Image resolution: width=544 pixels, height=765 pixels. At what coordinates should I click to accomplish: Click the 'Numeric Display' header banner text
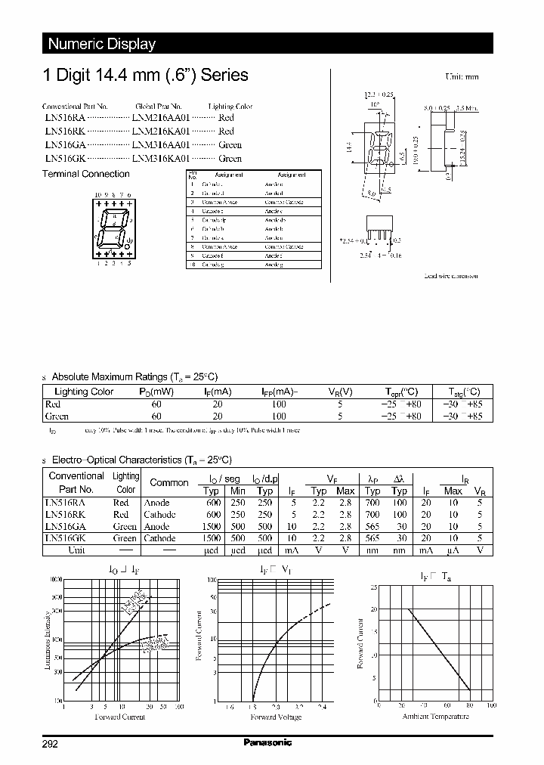coord(101,44)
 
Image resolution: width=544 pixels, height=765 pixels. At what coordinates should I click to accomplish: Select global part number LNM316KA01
coord(161,159)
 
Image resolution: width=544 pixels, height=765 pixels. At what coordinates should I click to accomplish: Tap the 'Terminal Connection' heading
coord(85,174)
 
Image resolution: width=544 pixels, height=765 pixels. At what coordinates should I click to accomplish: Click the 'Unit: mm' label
coord(460,77)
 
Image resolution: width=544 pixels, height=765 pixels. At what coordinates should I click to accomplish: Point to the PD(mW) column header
coord(156,392)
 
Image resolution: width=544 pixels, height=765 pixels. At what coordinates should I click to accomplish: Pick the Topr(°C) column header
coord(400,392)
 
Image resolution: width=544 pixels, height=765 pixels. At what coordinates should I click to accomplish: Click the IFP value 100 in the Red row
coord(279,404)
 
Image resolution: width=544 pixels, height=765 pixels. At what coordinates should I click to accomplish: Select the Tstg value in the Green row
coord(462,417)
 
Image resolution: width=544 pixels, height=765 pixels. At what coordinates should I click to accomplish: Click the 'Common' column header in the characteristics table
coord(169,482)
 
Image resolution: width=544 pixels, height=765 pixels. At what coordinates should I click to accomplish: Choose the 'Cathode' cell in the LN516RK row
coord(159,514)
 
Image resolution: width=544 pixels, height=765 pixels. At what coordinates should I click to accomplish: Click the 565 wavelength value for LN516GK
coord(372,538)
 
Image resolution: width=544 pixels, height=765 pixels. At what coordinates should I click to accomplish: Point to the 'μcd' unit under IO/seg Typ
coord(211,550)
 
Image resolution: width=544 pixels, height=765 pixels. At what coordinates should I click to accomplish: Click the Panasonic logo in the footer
coord(267,742)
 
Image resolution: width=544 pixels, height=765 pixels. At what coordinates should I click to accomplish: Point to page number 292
coord(50,743)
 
